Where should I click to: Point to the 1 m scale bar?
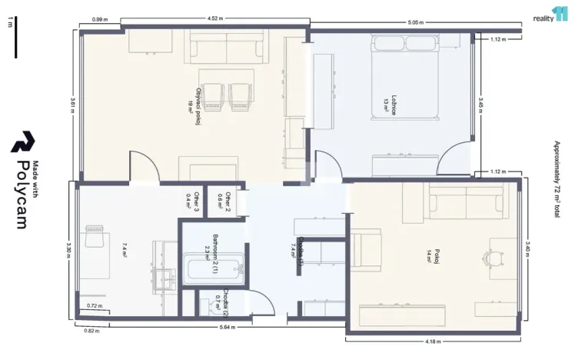click(15, 39)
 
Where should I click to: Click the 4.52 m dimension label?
click(216, 18)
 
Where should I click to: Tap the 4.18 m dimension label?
click(434, 342)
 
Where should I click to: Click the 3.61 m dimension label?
click(71, 105)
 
